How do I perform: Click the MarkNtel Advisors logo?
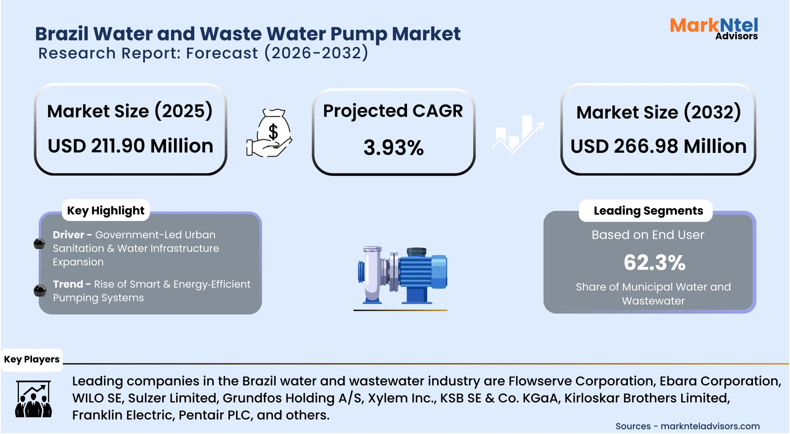(714, 29)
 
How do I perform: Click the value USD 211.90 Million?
(130, 146)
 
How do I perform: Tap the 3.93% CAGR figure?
(394, 148)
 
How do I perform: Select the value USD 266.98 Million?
(658, 146)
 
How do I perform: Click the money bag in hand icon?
(270, 133)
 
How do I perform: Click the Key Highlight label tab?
(106, 210)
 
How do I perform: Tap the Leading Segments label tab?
(648, 211)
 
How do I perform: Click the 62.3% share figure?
(654, 263)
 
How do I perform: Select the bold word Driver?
(68, 235)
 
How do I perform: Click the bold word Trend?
(68, 284)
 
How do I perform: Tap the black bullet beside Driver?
(39, 244)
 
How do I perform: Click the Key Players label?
(32, 359)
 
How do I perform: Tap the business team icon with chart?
(33, 399)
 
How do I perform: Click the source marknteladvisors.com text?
(710, 426)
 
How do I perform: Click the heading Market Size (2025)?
(130, 111)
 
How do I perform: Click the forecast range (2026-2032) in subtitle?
(316, 53)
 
